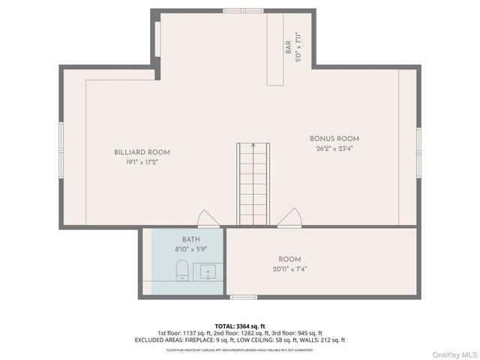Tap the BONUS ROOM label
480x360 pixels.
point(334,139)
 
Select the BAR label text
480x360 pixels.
point(288,49)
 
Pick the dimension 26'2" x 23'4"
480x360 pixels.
point(334,148)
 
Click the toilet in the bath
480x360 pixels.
point(181,271)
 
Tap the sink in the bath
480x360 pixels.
point(207,271)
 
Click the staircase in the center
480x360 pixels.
point(253,184)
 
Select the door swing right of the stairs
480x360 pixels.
point(289,218)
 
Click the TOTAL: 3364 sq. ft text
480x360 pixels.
point(240,325)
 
